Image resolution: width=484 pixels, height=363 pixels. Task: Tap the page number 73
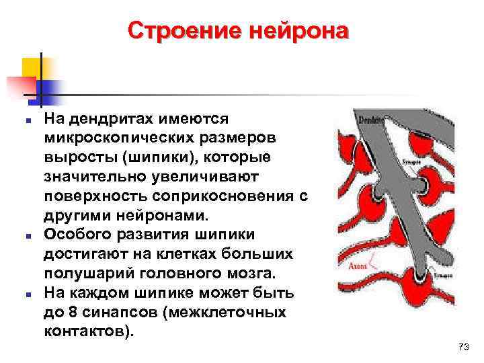point(462,346)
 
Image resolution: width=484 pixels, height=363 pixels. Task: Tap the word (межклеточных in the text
point(230,313)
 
